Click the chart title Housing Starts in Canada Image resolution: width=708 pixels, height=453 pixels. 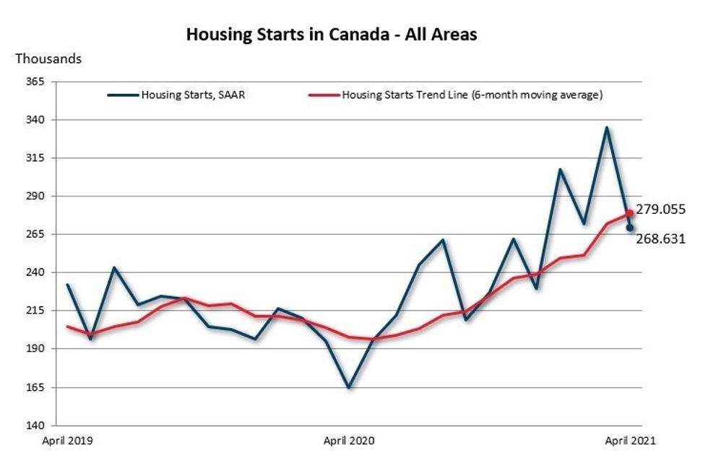[x=332, y=34]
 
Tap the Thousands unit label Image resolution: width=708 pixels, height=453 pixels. [x=48, y=59]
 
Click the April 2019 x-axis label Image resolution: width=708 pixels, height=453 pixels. [x=68, y=439]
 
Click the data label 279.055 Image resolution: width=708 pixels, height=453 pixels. [x=660, y=210]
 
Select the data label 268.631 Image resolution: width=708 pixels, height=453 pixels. [x=660, y=238]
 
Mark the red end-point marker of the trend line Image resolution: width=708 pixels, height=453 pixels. [x=630, y=213]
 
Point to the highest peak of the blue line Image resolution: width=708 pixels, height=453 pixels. [x=607, y=128]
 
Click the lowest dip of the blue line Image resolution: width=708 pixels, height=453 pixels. [x=349, y=388]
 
